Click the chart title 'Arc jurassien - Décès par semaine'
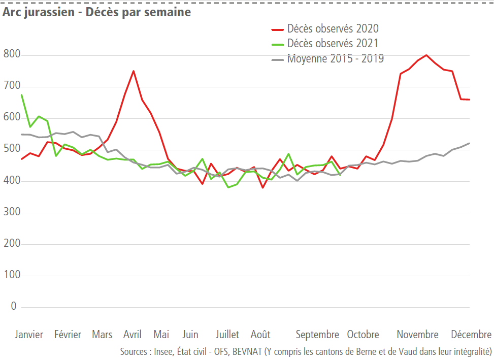pyautogui.click(x=96, y=12)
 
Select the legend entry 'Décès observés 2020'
pyautogui.click(x=333, y=29)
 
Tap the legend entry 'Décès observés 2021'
pyautogui.click(x=333, y=44)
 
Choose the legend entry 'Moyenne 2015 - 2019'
pyautogui.click(x=335, y=58)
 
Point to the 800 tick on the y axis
pyautogui.click(x=10, y=54)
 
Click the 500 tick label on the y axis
pyautogui.click(x=10, y=149)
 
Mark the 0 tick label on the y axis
pyautogui.click(x=14, y=307)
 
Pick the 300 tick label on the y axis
pyautogui.click(x=10, y=212)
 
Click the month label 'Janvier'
pyautogui.click(x=29, y=335)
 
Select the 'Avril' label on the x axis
pyautogui.click(x=133, y=335)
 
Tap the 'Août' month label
pyautogui.click(x=260, y=335)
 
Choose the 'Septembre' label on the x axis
pyautogui.click(x=317, y=335)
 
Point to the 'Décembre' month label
pyautogui.click(x=471, y=335)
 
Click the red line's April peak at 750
pyautogui.click(x=134, y=71)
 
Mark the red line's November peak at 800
pyautogui.click(x=426, y=55)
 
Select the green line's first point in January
pyautogui.click(x=21, y=95)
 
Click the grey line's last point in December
pyautogui.click(x=469, y=143)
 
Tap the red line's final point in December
pyautogui.click(x=469, y=100)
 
